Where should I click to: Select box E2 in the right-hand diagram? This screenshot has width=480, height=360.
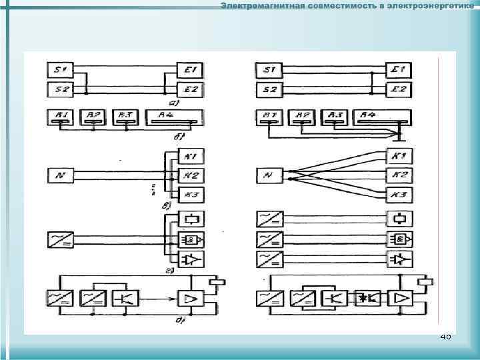400,89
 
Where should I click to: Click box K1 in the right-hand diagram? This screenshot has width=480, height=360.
399,157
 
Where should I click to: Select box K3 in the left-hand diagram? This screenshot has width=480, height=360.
191,195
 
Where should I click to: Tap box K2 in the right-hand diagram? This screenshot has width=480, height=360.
399,176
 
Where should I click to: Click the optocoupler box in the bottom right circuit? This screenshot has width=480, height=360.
367,297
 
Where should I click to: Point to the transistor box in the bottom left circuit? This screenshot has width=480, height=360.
127,297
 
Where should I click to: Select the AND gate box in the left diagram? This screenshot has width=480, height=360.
191,239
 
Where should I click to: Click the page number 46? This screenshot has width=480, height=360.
445,337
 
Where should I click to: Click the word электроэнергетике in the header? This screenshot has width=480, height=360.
433,6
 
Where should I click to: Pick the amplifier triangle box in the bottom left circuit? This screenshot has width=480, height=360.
191,297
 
